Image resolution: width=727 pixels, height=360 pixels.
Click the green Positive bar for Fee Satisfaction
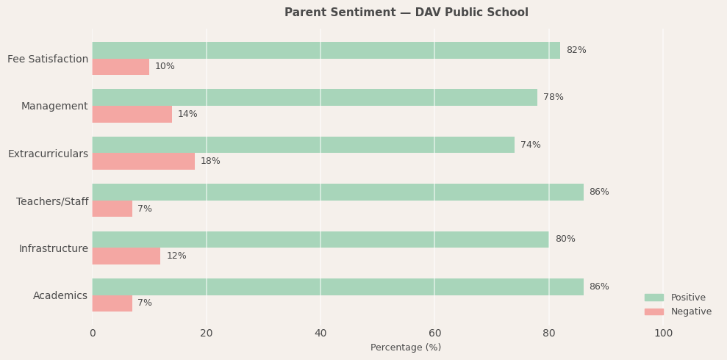coord(326,50)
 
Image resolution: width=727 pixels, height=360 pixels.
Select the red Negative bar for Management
coord(132,114)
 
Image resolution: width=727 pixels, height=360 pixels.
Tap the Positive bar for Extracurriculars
coord(303,145)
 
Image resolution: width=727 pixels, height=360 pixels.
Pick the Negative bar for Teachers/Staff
coord(112,209)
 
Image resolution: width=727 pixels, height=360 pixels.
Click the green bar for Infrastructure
coord(320,240)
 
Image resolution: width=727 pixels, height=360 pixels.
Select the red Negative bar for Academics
coord(112,303)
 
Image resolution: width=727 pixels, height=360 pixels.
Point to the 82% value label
coord(576,50)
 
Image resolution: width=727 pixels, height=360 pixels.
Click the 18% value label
coord(210,161)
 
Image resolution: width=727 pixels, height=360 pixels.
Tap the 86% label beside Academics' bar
coord(598,287)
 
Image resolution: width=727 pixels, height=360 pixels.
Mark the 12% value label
coord(176,256)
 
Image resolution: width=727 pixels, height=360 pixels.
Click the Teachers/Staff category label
coord(52,201)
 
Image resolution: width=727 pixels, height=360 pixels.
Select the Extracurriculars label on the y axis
coord(48,154)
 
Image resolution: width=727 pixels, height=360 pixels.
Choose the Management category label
coord(54,106)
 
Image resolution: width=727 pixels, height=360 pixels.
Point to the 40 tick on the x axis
coord(320,334)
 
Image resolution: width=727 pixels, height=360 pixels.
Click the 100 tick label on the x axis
coord(663,334)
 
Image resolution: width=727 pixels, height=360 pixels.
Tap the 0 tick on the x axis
coord(93,334)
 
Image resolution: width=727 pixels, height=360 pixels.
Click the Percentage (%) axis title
coord(406,348)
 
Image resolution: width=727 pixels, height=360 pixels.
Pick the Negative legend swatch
coord(653,312)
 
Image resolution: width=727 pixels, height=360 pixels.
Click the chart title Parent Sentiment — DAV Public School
coord(406,12)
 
